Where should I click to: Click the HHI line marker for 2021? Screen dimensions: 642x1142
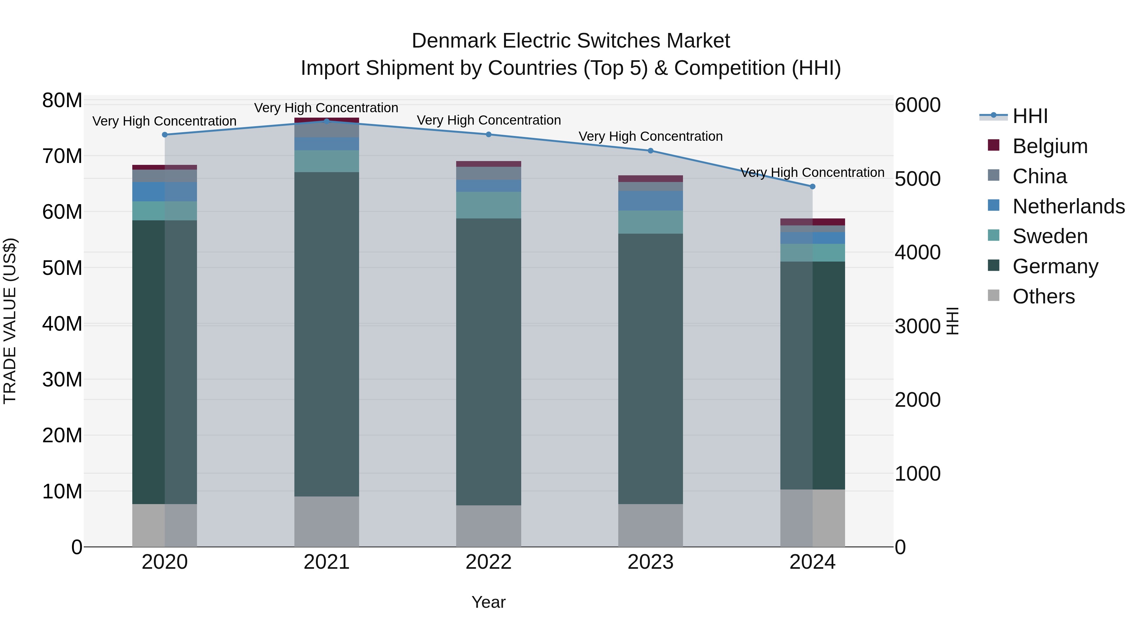click(327, 121)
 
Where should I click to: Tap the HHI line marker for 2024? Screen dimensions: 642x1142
click(813, 186)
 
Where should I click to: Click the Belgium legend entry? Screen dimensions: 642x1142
click(1050, 146)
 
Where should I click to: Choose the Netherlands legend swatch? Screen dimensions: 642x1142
click(994, 205)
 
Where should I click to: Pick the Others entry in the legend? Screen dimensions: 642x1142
click(1044, 296)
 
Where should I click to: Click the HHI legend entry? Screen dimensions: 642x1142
click(1030, 116)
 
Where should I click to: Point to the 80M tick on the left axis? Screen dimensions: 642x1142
click(62, 101)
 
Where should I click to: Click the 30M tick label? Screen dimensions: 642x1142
click(62, 380)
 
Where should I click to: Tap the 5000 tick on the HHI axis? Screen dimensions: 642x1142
click(917, 179)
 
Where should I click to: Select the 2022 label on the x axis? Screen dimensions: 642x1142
click(489, 562)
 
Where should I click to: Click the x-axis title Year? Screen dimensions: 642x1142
click(489, 602)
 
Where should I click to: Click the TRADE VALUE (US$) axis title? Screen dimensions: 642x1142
click(10, 321)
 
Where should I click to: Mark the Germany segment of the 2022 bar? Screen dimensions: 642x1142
click(489, 361)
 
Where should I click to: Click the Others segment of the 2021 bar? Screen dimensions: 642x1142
click(327, 522)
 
